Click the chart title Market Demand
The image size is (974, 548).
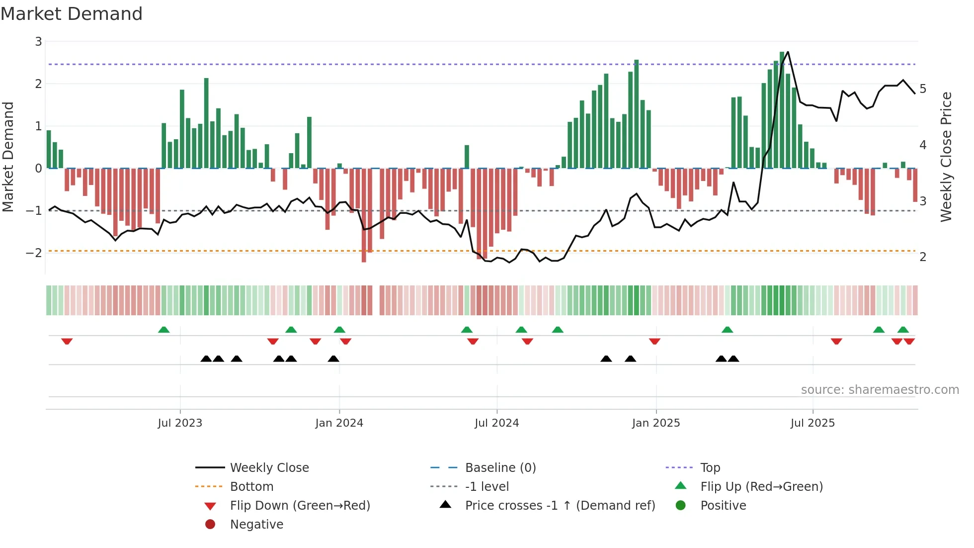72,14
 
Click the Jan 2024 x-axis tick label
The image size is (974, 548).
339,423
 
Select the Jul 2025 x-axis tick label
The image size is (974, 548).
812,423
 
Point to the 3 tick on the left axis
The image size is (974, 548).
38,41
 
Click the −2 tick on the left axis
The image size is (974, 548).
34,253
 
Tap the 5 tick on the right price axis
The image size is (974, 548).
923,89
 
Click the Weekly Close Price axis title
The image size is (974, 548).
946,157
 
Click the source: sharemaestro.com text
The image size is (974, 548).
880,389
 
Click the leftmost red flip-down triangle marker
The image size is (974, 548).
67,341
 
